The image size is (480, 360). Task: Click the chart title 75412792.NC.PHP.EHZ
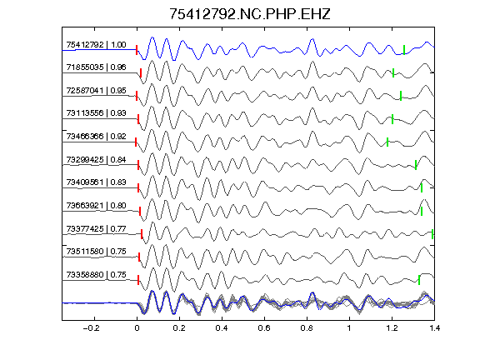(250, 14)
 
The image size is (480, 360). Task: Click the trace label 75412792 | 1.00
(96, 45)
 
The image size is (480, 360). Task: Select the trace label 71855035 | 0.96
(96, 67)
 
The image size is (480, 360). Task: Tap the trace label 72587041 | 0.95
(96, 91)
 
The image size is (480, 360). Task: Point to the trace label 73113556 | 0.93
(96, 113)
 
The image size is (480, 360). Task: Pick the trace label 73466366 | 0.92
(96, 136)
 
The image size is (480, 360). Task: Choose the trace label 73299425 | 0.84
(96, 160)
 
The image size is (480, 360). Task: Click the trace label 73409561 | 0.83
(96, 182)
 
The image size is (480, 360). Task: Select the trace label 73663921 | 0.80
(96, 205)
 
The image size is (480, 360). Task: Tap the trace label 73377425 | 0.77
(96, 229)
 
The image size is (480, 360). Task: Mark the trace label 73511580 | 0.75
(96, 252)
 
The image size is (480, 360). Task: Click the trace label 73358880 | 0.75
(96, 275)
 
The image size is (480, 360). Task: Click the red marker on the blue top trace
(137, 50)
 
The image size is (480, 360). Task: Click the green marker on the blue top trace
(404, 50)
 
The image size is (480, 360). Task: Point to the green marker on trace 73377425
(432, 234)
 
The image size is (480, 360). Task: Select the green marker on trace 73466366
(387, 142)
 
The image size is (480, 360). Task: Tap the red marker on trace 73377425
(142, 234)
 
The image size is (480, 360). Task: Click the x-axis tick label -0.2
(91, 328)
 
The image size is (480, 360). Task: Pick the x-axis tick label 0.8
(307, 328)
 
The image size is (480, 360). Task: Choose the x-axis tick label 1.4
(435, 328)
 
